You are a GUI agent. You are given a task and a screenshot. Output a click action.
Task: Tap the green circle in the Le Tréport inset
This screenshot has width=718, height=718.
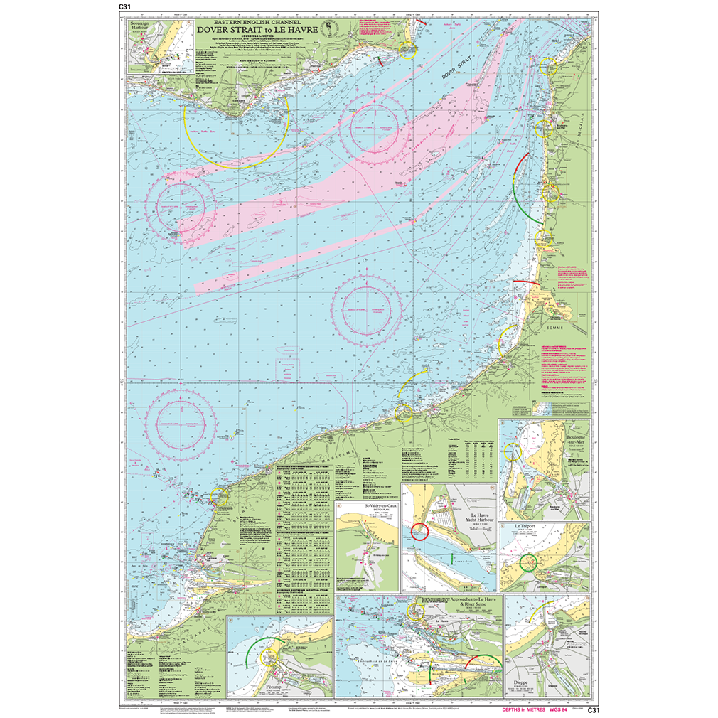point(530,563)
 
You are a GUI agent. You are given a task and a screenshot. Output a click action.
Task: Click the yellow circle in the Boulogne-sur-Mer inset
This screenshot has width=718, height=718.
point(513,452)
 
